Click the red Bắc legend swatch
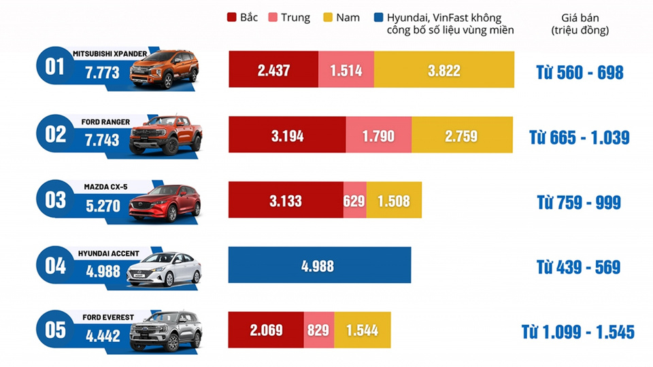tap(231, 18)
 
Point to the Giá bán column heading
tap(580, 24)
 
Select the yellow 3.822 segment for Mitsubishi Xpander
tap(443, 70)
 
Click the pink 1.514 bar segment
tap(346, 70)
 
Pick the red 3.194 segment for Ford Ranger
tap(286, 135)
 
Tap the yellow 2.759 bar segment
tap(462, 135)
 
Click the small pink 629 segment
tap(354, 200)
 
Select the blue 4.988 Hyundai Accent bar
tap(319, 265)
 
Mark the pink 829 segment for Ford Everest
tap(318, 330)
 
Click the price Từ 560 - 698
tap(579, 72)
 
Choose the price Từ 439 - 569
tap(578, 267)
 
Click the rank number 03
tap(56, 200)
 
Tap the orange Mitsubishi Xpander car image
tap(164, 68)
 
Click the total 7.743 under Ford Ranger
tap(103, 140)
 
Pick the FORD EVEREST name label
tap(108, 317)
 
